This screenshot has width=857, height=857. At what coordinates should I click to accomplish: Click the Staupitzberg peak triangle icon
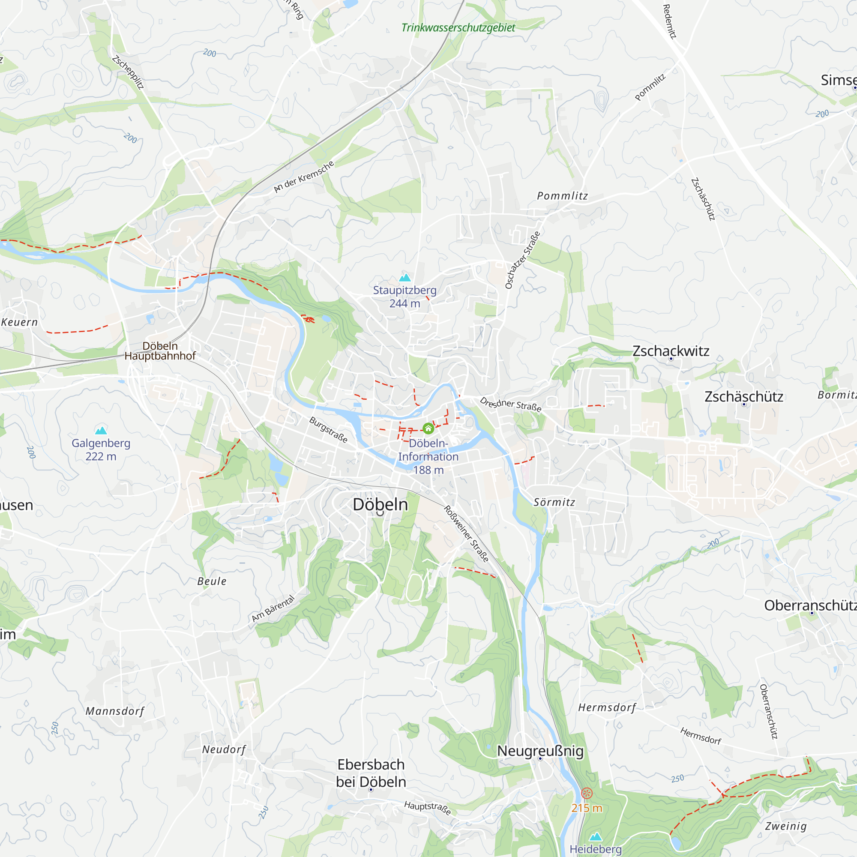[405, 278]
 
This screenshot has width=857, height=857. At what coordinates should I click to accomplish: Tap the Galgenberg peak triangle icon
[101, 430]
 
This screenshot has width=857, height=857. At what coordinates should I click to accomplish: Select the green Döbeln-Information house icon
[428, 428]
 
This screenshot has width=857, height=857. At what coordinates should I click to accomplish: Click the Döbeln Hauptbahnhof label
[160, 351]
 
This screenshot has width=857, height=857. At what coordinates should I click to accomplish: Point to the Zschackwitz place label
[671, 351]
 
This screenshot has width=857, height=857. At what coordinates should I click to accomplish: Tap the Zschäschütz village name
[744, 396]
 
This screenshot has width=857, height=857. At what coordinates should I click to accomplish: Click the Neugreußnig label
[540, 751]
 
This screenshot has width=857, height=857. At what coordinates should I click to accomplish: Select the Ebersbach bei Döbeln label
[371, 773]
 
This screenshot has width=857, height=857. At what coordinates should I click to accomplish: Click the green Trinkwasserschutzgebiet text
[458, 27]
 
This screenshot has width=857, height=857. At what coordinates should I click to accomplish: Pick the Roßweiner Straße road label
[466, 534]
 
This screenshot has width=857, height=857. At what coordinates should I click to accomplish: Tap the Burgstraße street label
[328, 429]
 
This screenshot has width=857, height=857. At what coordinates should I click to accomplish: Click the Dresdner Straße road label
[511, 405]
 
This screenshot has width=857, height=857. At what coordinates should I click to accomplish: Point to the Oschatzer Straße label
[522, 260]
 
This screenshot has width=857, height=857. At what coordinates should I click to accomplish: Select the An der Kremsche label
[304, 177]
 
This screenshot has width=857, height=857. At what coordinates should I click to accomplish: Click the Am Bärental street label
[273, 608]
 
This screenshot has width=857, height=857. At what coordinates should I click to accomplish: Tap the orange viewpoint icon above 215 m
[587, 793]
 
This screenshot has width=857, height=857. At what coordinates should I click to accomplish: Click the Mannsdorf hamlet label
[115, 711]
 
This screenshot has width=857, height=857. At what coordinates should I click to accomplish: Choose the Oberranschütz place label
[810, 606]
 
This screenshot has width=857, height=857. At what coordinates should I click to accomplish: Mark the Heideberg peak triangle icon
[595, 836]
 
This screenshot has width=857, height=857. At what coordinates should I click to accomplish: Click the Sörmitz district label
[554, 502]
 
